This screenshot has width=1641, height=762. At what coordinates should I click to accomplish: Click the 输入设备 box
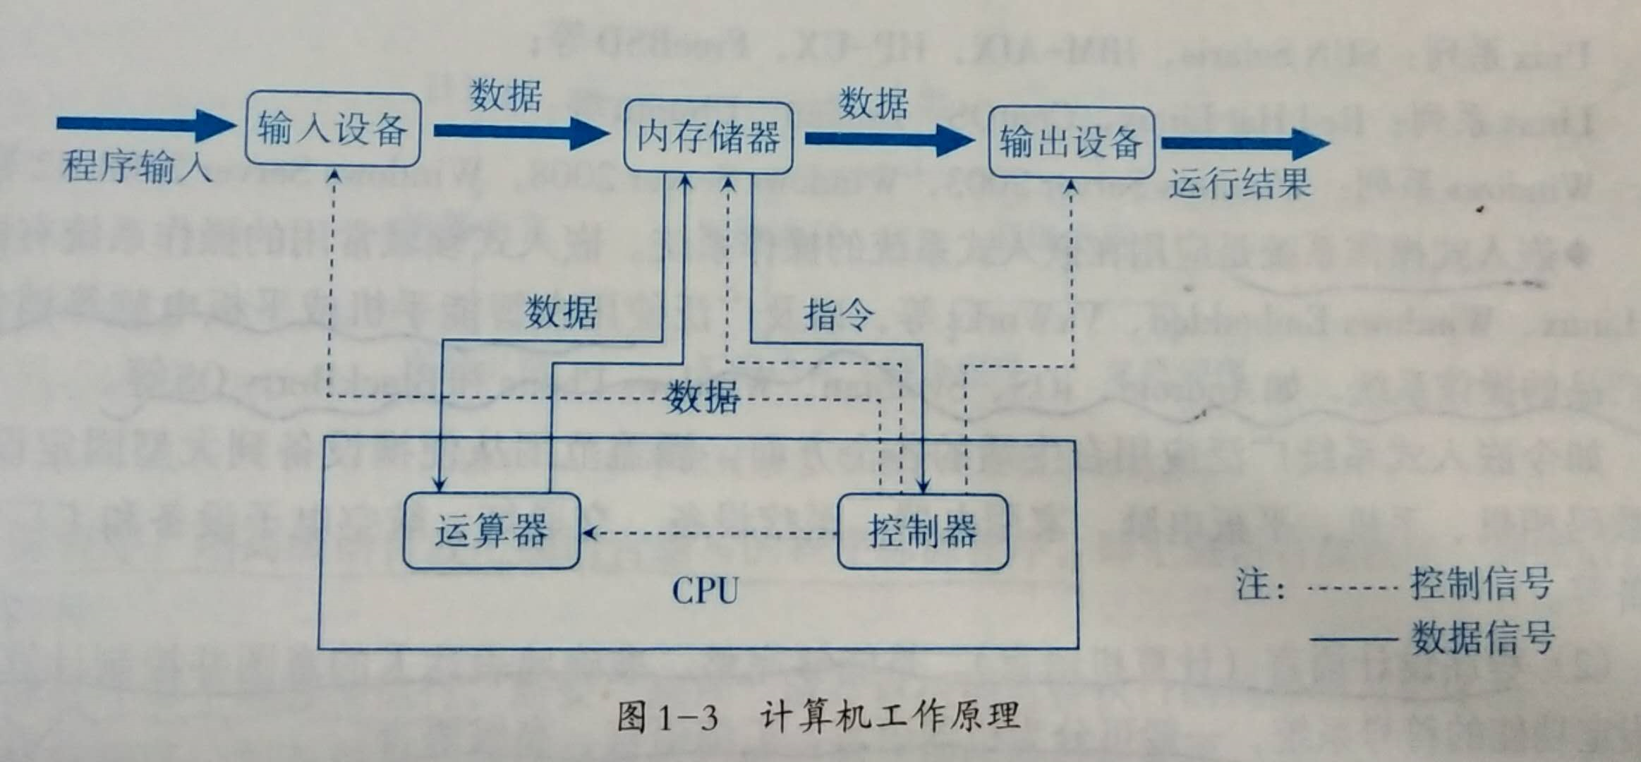332,129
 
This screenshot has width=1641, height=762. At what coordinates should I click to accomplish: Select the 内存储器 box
708,137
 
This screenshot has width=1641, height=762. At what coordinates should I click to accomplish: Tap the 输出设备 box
1070,143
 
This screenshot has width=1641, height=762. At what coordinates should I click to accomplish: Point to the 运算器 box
491,531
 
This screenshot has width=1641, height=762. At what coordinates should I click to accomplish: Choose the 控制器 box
922,531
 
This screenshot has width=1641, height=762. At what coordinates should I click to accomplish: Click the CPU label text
705,591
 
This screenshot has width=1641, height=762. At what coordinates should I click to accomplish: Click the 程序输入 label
138,167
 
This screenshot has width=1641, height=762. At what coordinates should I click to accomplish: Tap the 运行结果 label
1240,183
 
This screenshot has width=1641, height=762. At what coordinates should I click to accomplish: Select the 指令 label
838,314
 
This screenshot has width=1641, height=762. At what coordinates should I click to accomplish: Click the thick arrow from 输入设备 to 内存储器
521,132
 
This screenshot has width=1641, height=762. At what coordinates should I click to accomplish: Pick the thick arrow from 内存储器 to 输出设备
889,139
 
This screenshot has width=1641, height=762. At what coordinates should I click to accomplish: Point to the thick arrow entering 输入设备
145,125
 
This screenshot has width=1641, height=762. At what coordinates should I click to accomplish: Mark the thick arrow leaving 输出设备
1245,144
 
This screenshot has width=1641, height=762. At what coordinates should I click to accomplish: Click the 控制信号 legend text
1482,584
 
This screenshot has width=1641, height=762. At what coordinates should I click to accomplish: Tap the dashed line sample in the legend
1351,588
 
